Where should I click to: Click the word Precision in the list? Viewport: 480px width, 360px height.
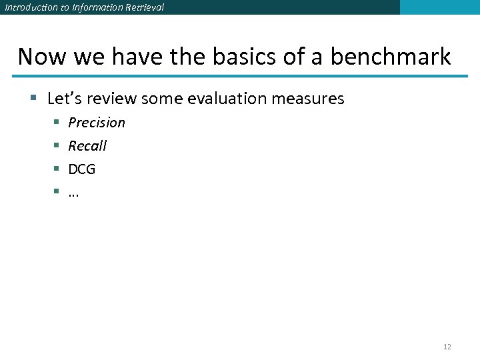coord(97,123)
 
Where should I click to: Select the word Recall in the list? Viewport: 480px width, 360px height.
coord(87,146)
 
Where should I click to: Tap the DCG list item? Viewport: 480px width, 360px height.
coord(82,169)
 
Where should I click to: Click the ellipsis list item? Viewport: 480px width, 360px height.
coord(74,193)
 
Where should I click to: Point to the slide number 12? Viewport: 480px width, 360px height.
coord(447,347)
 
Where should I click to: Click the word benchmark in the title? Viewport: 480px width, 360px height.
coord(391,57)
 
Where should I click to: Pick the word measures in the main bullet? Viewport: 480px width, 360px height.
coord(308,99)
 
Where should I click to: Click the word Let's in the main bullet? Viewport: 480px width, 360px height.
coord(65,99)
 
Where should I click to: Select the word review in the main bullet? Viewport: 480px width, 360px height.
coord(111,99)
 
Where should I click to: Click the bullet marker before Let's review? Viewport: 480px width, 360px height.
coord(33,99)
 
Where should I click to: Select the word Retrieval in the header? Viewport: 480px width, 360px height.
coord(144,7)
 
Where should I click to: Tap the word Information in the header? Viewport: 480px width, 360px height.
coord(93,7)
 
